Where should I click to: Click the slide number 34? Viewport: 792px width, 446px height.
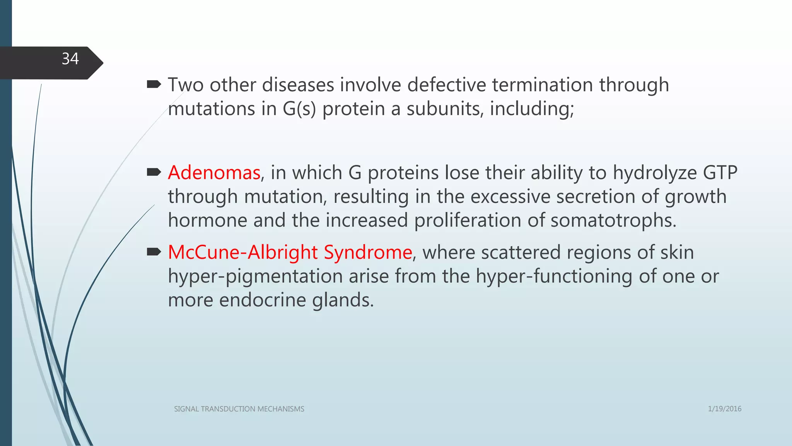click(70, 59)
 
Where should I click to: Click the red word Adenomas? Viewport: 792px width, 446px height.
click(214, 173)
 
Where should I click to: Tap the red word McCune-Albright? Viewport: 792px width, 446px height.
click(242, 252)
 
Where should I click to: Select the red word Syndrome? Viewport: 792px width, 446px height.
click(368, 252)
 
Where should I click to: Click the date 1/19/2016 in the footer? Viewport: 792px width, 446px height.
click(724, 409)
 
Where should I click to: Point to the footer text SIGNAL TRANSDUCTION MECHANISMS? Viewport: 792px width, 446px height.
click(239, 409)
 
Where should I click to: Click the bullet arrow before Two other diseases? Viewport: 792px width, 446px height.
click(154, 84)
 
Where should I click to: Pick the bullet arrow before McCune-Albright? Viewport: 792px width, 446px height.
click(154, 252)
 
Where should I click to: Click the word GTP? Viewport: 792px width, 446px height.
click(720, 173)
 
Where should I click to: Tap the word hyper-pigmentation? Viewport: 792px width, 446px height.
click(255, 277)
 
